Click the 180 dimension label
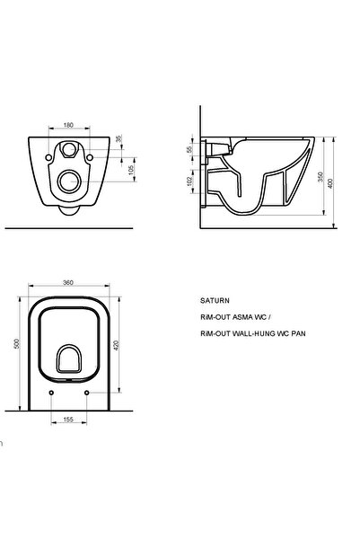68,125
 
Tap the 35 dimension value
119,138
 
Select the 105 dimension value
131,170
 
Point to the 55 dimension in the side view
189,150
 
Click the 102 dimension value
189,181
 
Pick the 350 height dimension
320,177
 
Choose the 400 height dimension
330,183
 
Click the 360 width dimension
68,282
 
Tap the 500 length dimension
16,344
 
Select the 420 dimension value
116,345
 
